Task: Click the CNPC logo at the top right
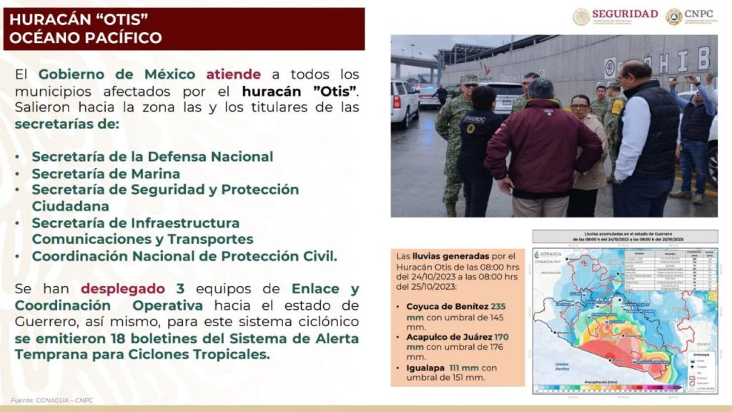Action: (x=694, y=15)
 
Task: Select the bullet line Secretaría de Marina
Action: (x=106, y=173)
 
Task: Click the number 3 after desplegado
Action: (x=180, y=288)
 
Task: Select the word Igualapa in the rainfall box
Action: (x=422, y=367)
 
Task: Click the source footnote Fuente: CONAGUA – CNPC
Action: (x=52, y=400)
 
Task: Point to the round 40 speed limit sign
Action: (x=610, y=68)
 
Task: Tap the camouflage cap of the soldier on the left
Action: (x=468, y=79)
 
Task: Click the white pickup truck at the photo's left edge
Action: (x=404, y=102)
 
